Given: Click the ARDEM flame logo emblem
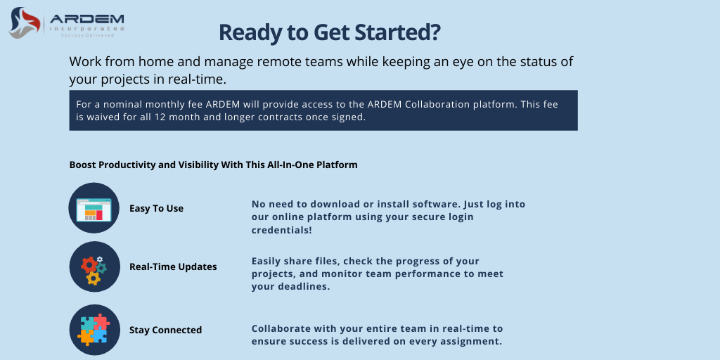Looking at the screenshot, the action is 25,22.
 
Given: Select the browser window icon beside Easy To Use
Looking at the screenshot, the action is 94,208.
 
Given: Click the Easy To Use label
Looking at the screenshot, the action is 156,208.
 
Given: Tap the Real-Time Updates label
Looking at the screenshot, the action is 173,266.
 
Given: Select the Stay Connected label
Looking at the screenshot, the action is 165,330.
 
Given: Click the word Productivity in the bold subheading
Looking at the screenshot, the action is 124,165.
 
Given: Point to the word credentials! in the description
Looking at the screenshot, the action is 282,230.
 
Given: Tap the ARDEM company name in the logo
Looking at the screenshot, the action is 86,19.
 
